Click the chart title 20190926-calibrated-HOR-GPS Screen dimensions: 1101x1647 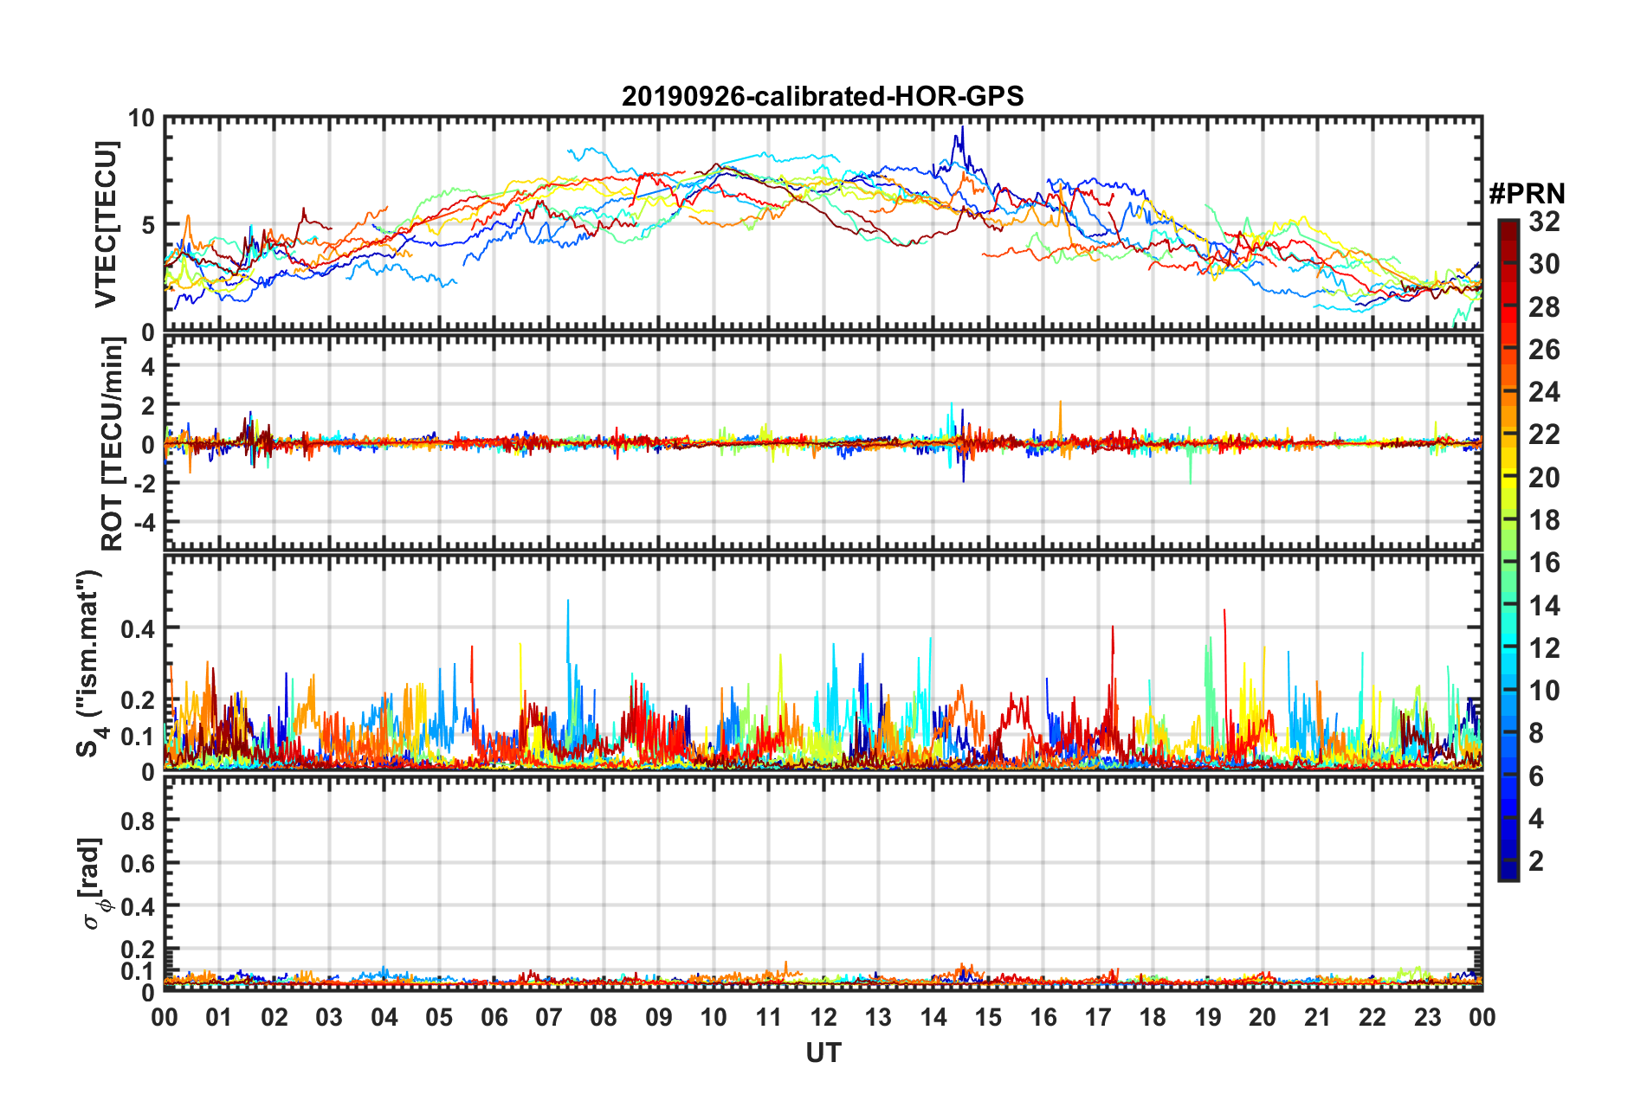[x=823, y=96]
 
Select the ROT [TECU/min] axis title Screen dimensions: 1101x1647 [x=113, y=444]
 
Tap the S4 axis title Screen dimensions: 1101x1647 [x=89, y=663]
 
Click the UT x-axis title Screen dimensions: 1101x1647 [x=823, y=1053]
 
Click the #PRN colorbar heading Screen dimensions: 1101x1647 [x=1527, y=194]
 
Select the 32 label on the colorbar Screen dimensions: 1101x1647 [x=1544, y=222]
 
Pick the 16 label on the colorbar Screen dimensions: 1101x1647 [x=1544, y=563]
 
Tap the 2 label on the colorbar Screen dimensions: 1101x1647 [x=1536, y=860]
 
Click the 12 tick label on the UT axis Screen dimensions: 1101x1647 [x=823, y=1017]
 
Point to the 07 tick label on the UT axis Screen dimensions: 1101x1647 [x=549, y=1017]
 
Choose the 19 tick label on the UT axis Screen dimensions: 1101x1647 [x=1208, y=1017]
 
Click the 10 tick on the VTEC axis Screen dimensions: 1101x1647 [x=141, y=119]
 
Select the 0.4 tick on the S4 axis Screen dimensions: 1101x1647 [x=137, y=628]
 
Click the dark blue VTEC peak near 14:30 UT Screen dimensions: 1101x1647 [x=960, y=129]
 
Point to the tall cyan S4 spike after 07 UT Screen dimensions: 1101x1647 [x=568, y=602]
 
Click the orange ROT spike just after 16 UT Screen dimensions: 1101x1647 [x=1060, y=403]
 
